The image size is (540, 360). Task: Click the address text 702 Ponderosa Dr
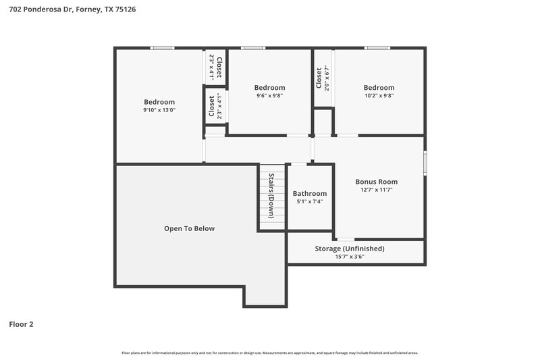point(40,9)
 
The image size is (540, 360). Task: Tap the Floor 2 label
point(21,324)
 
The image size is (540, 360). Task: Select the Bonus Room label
point(376,182)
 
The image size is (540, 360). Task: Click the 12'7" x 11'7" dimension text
point(376,190)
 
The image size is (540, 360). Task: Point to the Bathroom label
point(310,193)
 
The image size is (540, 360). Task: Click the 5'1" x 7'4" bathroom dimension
point(310,201)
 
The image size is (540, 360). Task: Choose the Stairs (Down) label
point(271,196)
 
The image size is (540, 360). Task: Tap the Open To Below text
point(190,228)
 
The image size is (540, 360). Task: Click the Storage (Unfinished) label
point(350,249)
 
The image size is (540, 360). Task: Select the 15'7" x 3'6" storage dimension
point(350,257)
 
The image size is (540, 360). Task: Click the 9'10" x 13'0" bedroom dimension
point(159,110)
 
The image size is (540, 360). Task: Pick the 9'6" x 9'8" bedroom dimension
point(269,96)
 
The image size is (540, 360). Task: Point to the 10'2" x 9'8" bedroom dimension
point(379,96)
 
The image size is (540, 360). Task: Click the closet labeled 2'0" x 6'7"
point(323,77)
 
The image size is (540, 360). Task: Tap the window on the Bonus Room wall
point(425,163)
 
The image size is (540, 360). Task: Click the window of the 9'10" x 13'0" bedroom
point(162,47)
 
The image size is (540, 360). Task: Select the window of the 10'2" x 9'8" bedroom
point(377,47)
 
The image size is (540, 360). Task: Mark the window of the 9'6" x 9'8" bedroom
point(253,47)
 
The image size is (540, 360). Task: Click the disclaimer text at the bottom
point(270,353)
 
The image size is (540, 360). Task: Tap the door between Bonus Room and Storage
point(345,239)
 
